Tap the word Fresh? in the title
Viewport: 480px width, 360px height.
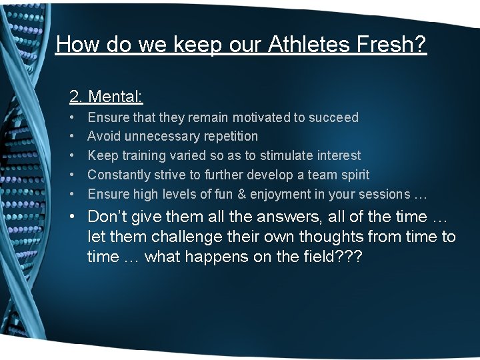tap(392, 44)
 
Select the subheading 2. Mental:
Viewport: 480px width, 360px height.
tap(106, 97)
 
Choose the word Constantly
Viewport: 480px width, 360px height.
tap(118, 175)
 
